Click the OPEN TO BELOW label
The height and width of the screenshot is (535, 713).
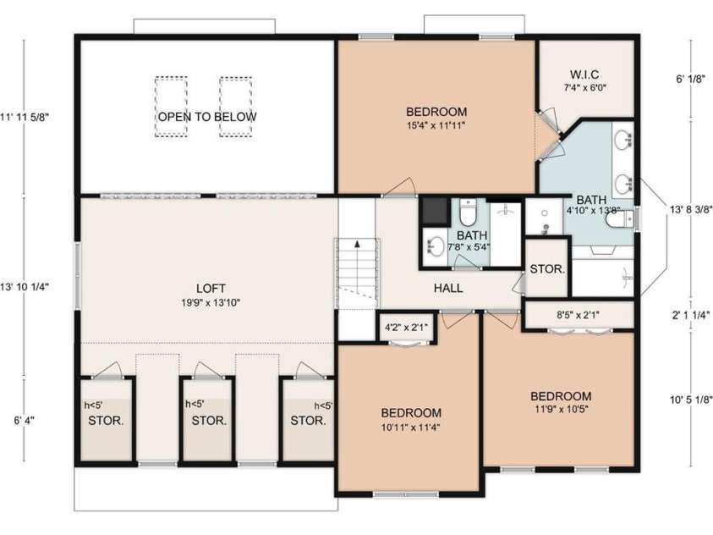206,117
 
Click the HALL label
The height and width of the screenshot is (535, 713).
448,289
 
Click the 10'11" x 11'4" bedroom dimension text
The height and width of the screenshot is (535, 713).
410,427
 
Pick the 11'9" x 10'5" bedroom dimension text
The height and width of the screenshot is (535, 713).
560,411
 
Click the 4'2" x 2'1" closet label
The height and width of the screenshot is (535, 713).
405,327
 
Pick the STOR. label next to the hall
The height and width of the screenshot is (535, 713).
546,270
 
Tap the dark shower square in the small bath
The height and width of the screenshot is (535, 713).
434,210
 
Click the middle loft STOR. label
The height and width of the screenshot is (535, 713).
208,420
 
